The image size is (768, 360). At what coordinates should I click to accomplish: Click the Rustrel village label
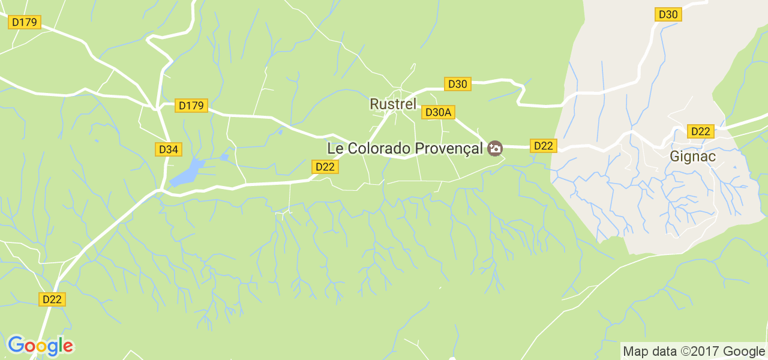tap(393, 104)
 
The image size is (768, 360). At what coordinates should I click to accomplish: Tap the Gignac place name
tap(693, 157)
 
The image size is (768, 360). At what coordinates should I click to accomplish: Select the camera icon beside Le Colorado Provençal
tap(495, 148)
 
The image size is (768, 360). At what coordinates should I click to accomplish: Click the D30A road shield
tap(438, 112)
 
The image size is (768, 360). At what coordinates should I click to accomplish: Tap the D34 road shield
tap(169, 149)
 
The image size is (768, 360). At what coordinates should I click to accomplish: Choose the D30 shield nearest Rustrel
tap(457, 84)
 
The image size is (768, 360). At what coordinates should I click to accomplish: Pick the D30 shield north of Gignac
tap(668, 14)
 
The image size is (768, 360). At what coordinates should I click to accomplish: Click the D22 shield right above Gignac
tap(701, 131)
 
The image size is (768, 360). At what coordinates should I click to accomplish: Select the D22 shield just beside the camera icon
tap(544, 146)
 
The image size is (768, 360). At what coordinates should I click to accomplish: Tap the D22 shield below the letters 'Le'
tap(325, 167)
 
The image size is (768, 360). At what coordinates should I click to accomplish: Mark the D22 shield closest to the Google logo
tap(53, 299)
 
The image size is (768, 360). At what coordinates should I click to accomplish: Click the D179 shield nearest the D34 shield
tap(191, 106)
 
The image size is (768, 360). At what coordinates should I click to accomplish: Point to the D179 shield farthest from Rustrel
tap(25, 22)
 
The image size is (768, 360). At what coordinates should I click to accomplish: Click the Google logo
tap(40, 346)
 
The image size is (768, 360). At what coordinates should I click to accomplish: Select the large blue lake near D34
tap(187, 173)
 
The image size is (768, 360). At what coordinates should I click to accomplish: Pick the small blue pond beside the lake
tap(224, 157)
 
